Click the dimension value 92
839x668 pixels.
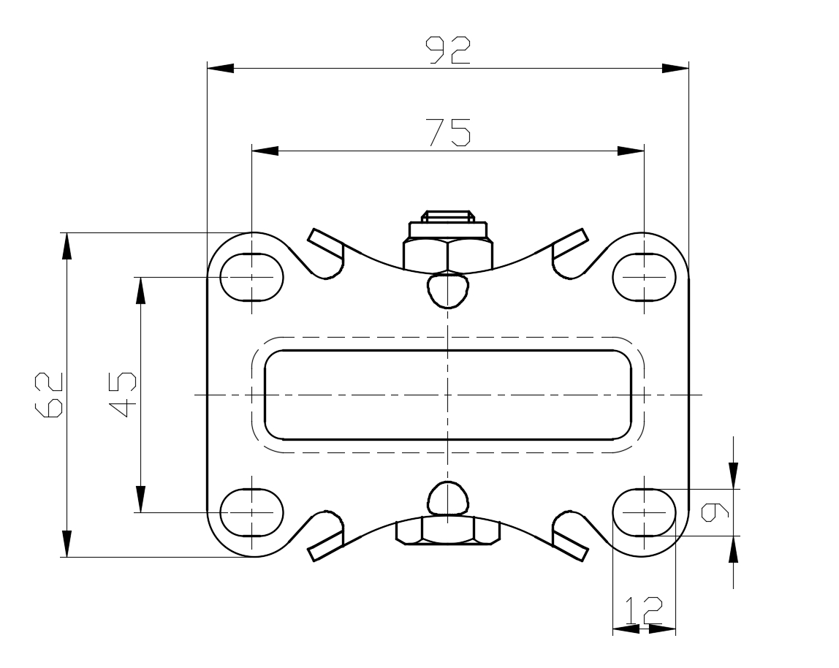(x=448, y=50)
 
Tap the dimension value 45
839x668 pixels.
(x=123, y=395)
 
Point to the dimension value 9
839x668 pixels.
(x=715, y=512)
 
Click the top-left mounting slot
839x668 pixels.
(x=252, y=277)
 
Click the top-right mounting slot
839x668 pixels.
(x=645, y=277)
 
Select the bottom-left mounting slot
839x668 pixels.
(x=252, y=512)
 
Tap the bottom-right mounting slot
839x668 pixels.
(x=645, y=512)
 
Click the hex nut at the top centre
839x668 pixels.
(x=448, y=254)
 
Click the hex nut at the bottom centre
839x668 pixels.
(x=448, y=531)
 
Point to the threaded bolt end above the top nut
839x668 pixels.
(x=448, y=216)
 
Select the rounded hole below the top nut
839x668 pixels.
(x=449, y=290)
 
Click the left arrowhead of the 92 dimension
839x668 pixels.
(x=221, y=68)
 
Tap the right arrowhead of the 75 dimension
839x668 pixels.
(x=631, y=151)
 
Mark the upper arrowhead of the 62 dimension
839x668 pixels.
(x=67, y=246)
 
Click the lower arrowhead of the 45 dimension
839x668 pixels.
(x=141, y=499)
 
